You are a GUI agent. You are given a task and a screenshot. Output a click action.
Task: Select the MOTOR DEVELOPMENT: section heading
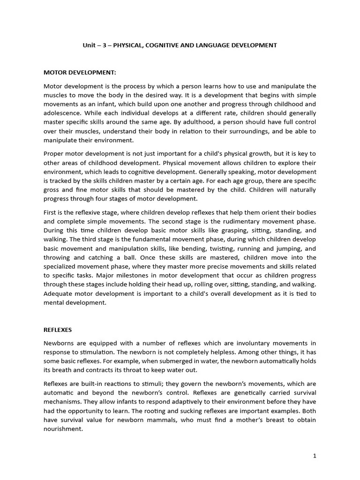point(80,73)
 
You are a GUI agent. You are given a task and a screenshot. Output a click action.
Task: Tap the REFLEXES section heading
point(58,330)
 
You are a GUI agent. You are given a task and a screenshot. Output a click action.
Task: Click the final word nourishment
point(62,428)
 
